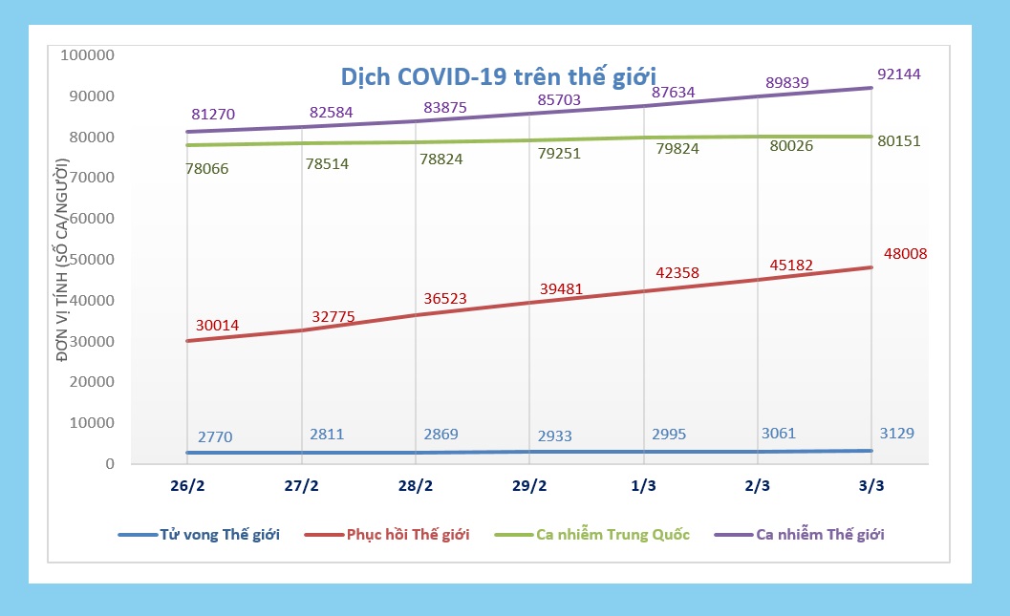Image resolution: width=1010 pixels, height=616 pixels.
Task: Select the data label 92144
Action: (x=899, y=74)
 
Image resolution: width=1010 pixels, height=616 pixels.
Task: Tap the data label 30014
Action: (x=217, y=326)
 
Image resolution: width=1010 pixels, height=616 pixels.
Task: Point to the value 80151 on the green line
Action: (x=899, y=140)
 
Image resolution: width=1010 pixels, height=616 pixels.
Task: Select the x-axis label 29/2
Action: (x=529, y=485)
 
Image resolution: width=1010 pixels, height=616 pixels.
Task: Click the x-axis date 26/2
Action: (x=187, y=485)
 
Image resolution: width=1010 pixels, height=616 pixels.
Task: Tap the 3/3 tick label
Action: (x=871, y=485)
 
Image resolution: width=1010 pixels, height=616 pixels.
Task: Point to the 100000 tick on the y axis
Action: (x=87, y=55)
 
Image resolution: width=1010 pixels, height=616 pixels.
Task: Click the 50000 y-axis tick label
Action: (x=92, y=260)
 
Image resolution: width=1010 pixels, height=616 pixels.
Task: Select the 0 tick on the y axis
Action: (x=110, y=464)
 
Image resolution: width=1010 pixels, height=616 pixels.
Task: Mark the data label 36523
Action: (x=444, y=299)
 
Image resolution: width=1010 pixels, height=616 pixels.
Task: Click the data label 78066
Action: (x=206, y=168)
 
